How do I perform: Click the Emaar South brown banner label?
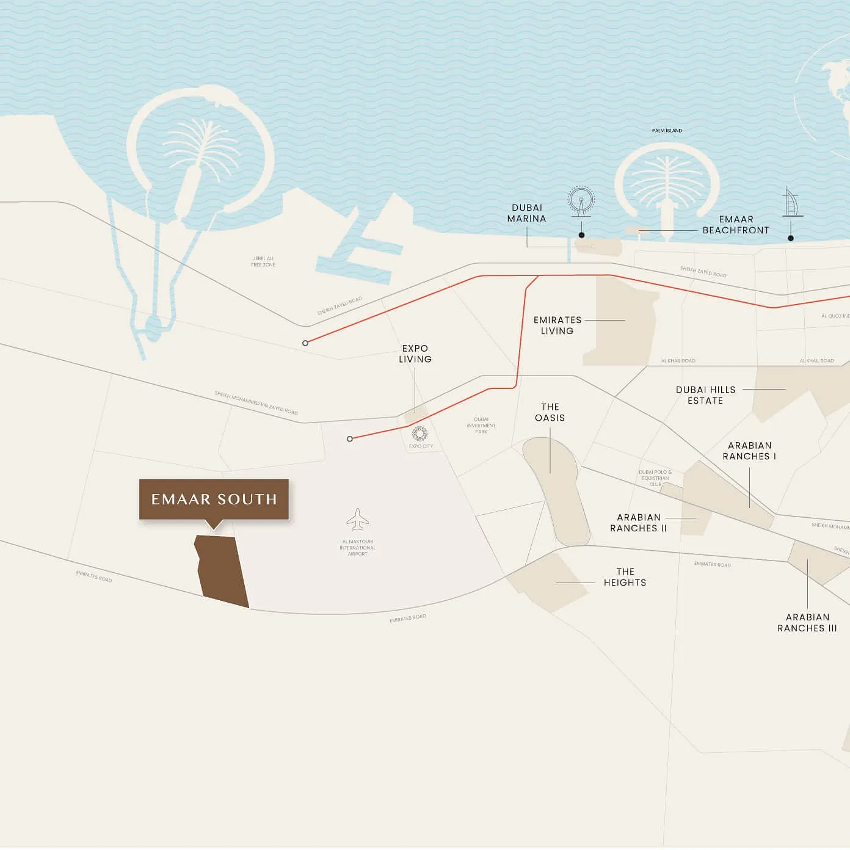pos(214,499)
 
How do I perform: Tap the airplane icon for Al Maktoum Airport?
pos(357,520)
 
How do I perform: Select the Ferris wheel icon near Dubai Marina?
pos(581,201)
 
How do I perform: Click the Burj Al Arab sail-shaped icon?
pos(791,203)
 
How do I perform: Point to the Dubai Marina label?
pos(526,213)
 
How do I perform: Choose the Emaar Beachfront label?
pos(736,225)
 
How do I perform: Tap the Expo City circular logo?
pos(420,434)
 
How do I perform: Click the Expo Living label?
pos(415,354)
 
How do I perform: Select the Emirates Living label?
pos(557,325)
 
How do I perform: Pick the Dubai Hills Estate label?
pos(705,395)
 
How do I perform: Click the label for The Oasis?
pos(550,412)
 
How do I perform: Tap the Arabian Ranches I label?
pos(749,451)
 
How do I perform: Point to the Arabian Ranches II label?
pos(638,523)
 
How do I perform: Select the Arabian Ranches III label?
pos(807,623)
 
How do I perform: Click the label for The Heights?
pos(625,577)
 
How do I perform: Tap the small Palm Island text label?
pos(667,131)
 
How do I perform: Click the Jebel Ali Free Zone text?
pos(263,262)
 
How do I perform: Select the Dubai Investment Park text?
pos(481,426)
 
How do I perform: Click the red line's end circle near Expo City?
pos(350,439)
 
